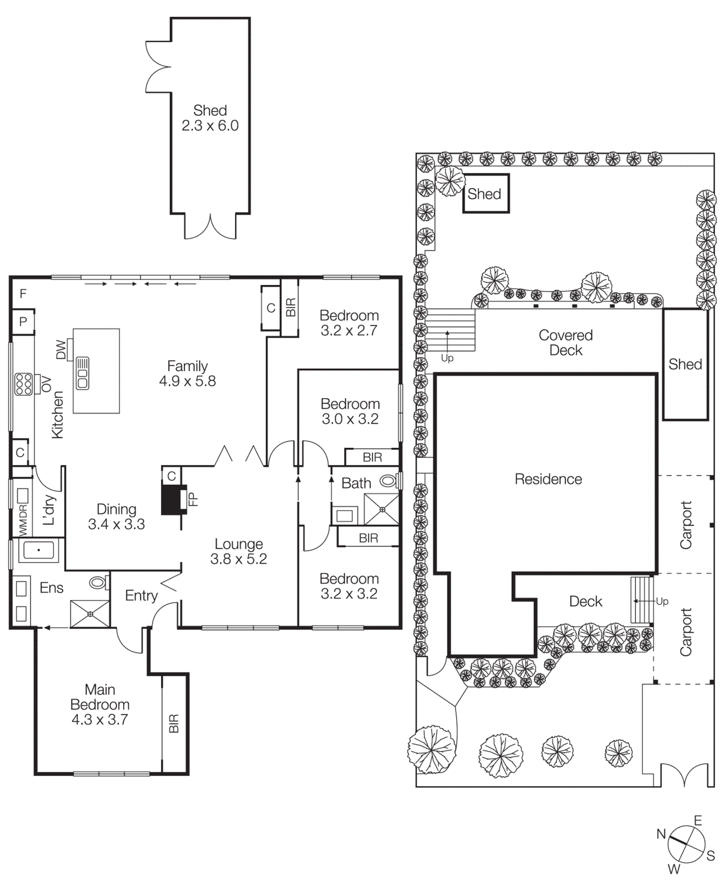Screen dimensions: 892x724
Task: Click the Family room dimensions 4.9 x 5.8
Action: point(187,381)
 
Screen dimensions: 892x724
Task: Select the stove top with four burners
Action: point(23,384)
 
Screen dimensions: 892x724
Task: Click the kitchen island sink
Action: point(82,372)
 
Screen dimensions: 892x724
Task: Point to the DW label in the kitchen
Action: point(61,350)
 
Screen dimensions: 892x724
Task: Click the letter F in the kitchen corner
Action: point(23,293)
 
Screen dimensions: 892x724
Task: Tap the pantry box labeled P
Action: point(23,322)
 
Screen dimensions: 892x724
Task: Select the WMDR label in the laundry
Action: point(23,520)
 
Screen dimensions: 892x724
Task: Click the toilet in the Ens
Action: point(99,583)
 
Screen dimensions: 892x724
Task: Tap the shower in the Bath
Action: point(382,509)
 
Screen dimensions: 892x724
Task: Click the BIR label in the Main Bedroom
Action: point(174,723)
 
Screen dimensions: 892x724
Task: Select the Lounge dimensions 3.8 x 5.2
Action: point(238,559)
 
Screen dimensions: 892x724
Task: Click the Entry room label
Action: point(141,595)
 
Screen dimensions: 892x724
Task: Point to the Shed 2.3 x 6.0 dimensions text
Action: point(210,126)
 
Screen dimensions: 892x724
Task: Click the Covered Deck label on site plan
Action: point(565,342)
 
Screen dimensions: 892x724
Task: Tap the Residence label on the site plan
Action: point(548,479)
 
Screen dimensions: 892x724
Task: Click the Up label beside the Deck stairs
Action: point(662,601)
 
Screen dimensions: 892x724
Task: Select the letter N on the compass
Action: point(661,834)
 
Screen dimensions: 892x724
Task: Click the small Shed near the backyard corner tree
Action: point(485,193)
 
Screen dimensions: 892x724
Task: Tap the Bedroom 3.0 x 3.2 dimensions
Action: point(350,419)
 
